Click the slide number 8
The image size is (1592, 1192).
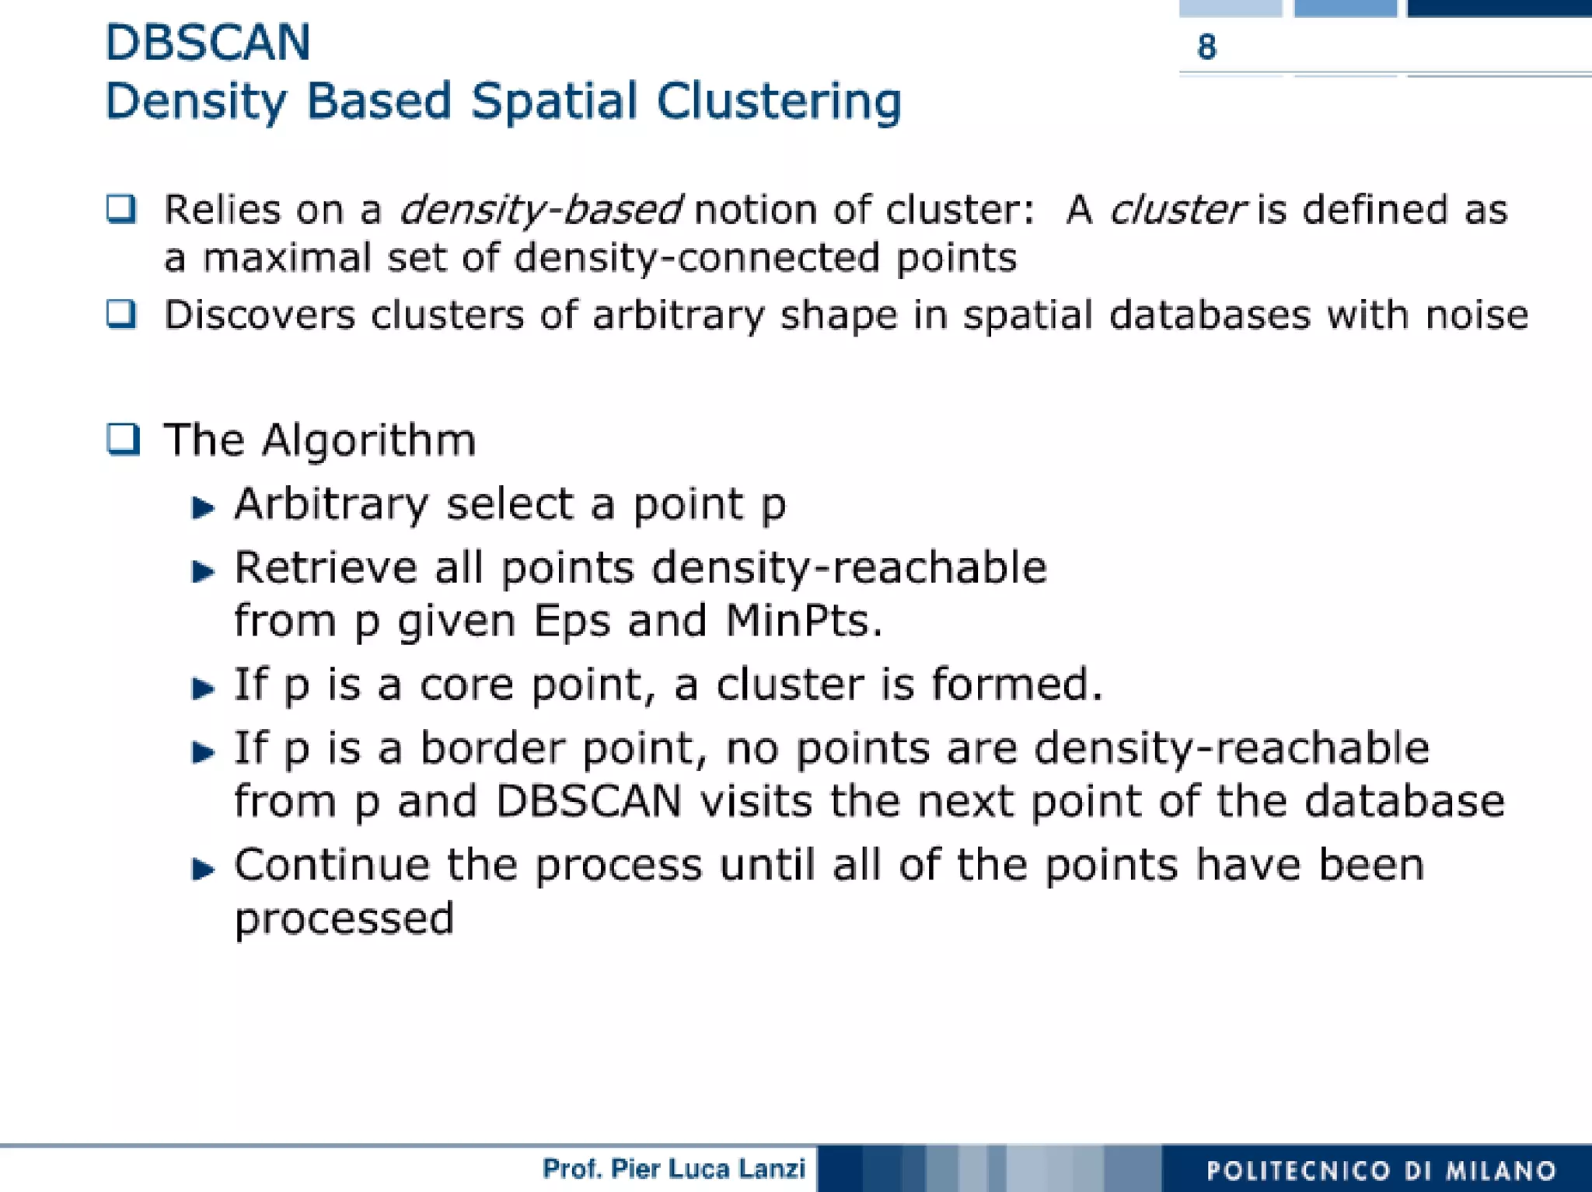[x=1206, y=47]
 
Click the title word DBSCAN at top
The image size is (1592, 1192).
[x=208, y=42]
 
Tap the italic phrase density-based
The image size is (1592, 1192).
[x=540, y=210]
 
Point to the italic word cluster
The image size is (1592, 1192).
[x=1177, y=210]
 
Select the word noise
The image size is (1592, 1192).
[x=1476, y=315]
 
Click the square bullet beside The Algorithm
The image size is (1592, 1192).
[x=123, y=439]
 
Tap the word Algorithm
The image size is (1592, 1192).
[x=368, y=441]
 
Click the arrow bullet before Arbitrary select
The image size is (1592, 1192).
[x=203, y=507]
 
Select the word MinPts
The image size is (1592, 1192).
[x=803, y=621]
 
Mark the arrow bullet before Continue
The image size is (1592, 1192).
[x=203, y=869]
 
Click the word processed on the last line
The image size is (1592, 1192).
[x=344, y=920]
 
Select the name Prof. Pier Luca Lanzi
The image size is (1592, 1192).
[x=674, y=1169]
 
